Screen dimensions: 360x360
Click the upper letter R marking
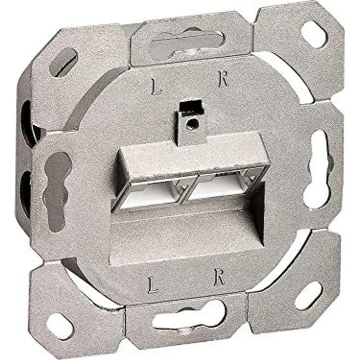[223, 79]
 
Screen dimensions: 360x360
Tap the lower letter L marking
[153, 285]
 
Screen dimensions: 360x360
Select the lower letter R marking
[219, 277]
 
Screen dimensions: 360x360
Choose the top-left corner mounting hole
[64, 63]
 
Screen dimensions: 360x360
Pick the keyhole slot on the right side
[317, 169]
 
